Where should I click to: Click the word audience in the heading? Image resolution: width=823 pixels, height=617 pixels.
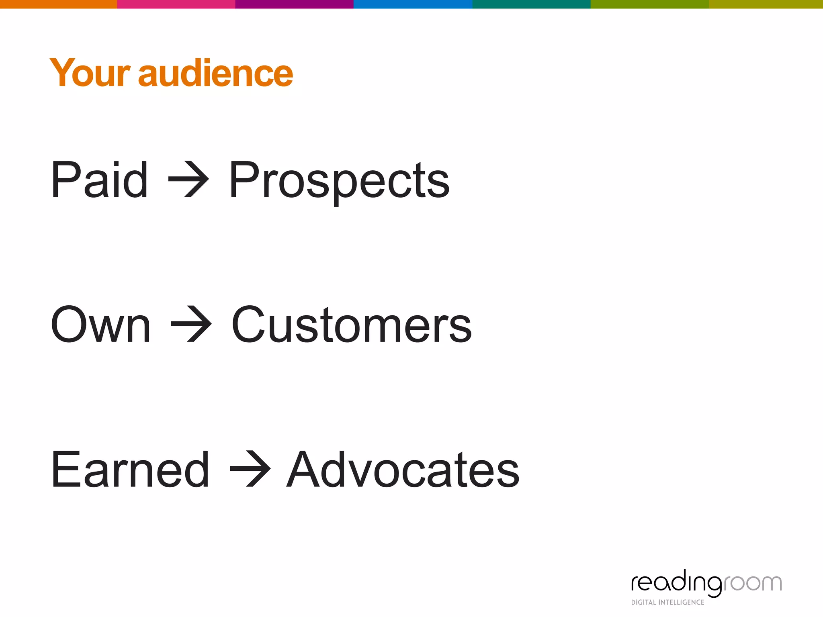click(215, 73)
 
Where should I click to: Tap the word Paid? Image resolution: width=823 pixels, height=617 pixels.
click(99, 180)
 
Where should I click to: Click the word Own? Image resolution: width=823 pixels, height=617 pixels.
click(100, 325)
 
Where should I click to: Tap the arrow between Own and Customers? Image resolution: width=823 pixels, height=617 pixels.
click(191, 324)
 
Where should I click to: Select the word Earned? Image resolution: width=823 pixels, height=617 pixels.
click(130, 469)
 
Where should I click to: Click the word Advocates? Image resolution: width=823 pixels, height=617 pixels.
click(403, 469)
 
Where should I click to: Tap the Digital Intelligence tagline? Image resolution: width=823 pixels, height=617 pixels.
click(667, 602)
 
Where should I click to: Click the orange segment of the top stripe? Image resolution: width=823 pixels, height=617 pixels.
click(58, 4)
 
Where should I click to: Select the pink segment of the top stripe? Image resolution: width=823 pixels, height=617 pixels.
click(176, 4)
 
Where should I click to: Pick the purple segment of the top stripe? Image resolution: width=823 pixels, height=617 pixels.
click(294, 4)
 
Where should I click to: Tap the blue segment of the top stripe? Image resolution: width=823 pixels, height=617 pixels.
click(413, 4)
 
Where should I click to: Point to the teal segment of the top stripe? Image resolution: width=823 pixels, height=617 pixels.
click(531, 4)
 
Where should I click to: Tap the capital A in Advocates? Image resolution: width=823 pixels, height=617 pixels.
click(306, 469)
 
